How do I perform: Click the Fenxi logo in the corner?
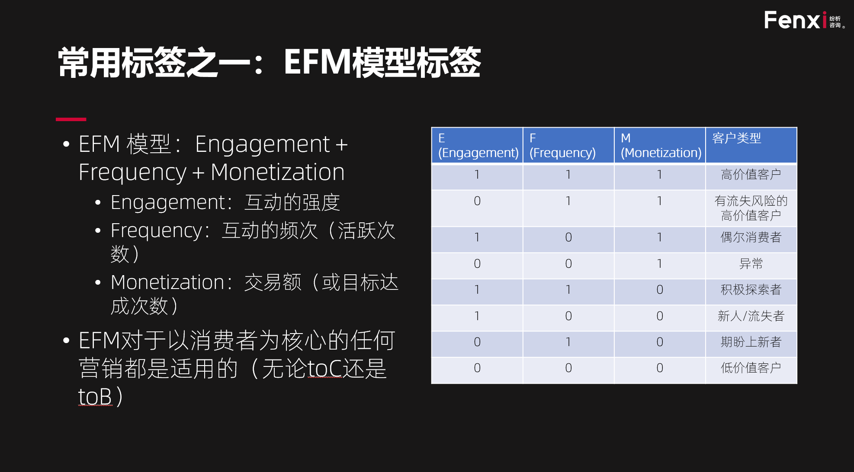pyautogui.click(x=804, y=20)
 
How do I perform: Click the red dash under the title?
pyautogui.click(x=71, y=119)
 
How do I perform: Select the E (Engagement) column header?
pyautogui.click(x=477, y=145)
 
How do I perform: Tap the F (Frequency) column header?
pyautogui.click(x=568, y=145)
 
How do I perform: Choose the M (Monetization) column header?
pyautogui.click(x=660, y=145)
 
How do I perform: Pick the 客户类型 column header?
pyautogui.click(x=751, y=145)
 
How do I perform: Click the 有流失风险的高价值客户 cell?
pyautogui.click(x=751, y=208)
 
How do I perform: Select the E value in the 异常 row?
pyautogui.click(x=477, y=264)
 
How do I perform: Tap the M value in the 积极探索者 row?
pyautogui.click(x=660, y=290)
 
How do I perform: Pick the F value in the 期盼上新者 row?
pyautogui.click(x=568, y=342)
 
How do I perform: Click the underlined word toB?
pyautogui.click(x=95, y=396)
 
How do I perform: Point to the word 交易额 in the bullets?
pyautogui.click(x=273, y=283)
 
